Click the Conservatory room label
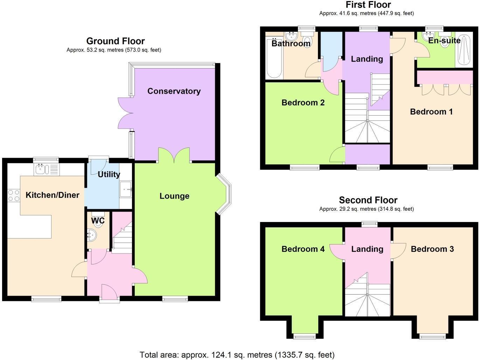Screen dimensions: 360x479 (174, 91)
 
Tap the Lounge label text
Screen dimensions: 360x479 (174, 196)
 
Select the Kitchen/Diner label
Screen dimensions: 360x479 (53, 195)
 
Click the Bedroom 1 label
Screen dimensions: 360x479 (431, 112)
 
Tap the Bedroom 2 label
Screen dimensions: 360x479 (303, 103)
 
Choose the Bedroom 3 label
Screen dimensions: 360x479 (432, 249)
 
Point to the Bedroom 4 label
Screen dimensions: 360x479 (303, 249)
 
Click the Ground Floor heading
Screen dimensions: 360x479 (115, 41)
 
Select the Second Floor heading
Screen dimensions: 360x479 (368, 200)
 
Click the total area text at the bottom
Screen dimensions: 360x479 (237, 355)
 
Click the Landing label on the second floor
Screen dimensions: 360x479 (367, 249)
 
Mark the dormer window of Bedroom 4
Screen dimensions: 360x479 (304, 337)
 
